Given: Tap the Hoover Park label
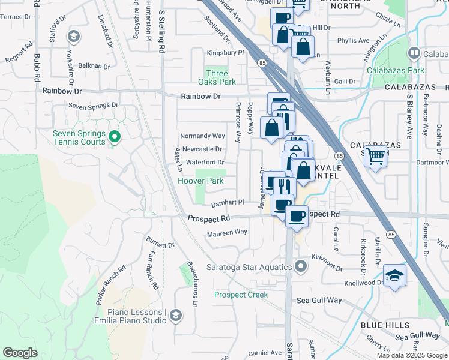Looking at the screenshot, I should coord(200,181).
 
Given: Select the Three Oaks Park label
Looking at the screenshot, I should coord(217,77).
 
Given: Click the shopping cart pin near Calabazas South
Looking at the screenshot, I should coord(376,157).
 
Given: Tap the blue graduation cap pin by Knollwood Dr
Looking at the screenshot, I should coord(395,276).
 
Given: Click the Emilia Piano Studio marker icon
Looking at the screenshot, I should coord(175,316).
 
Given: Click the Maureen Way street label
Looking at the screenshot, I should coord(228,232).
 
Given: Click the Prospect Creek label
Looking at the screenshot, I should coord(241,295).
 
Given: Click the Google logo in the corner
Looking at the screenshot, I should coord(20,353).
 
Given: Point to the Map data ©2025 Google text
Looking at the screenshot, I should coord(412,355).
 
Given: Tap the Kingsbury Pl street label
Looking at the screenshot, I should coord(225,53).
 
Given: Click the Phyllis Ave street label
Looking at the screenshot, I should coord(353,41).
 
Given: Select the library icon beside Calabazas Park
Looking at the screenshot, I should coord(413,54).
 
